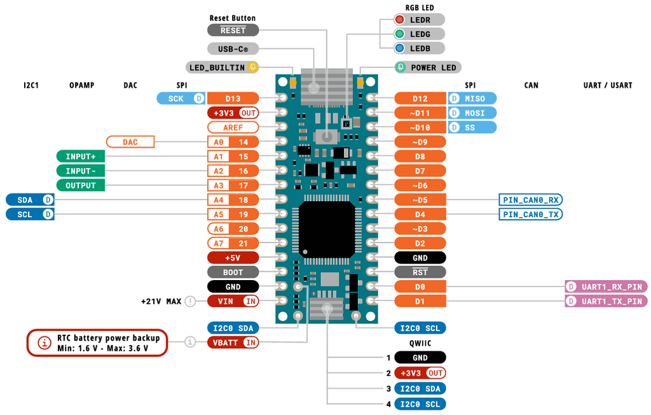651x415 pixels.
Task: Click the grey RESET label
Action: [x=233, y=30]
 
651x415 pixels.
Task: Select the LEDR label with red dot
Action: [x=419, y=20]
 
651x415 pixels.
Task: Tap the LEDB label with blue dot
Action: [x=419, y=48]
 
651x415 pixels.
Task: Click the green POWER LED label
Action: [x=427, y=67]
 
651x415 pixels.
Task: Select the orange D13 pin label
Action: [x=233, y=98]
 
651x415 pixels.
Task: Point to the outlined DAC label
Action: [x=130, y=142]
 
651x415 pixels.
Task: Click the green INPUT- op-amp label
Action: [x=81, y=171]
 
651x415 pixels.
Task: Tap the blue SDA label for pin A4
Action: [x=30, y=199]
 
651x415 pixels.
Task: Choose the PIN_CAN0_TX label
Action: [x=531, y=214]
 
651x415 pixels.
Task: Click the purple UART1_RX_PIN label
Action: [x=606, y=286]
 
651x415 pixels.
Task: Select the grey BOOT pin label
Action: [x=233, y=272]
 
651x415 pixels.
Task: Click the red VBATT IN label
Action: [x=233, y=342]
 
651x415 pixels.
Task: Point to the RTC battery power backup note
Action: [x=97, y=342]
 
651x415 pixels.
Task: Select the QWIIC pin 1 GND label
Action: [x=420, y=358]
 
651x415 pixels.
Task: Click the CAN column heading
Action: [x=531, y=85]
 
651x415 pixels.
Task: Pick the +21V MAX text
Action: [x=161, y=301]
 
